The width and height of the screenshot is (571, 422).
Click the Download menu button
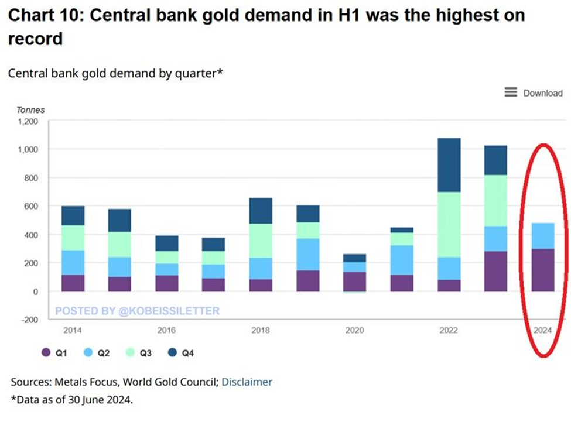[534, 93]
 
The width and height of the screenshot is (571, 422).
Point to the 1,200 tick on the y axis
[28, 122]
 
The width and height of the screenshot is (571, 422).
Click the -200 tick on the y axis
[29, 320]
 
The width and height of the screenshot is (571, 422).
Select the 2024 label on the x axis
[542, 330]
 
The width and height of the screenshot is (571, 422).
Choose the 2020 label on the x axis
[354, 330]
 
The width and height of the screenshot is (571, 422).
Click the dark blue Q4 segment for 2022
[449, 165]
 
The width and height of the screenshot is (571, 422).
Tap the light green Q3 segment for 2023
[495, 200]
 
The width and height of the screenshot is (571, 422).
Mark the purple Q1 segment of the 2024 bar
[542, 270]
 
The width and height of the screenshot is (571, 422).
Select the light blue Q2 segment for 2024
[542, 236]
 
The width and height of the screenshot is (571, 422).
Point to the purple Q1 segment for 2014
[73, 283]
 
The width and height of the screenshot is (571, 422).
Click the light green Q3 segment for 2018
[260, 241]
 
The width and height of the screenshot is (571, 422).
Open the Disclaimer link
[247, 382]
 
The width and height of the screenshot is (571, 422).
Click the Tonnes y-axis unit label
[30, 109]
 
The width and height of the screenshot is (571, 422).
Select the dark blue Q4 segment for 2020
[354, 258]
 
